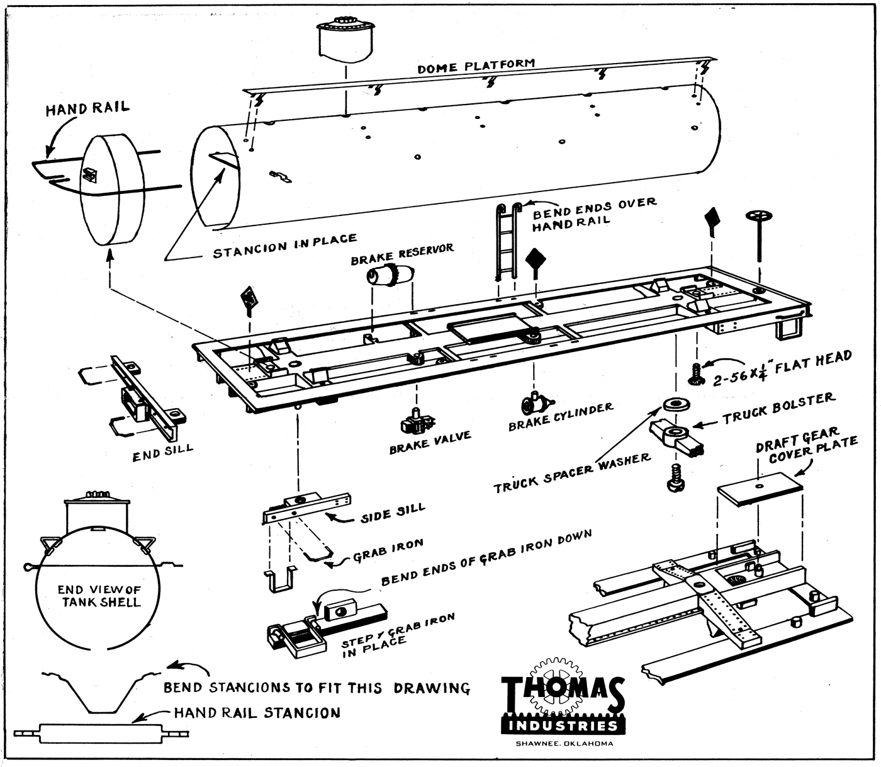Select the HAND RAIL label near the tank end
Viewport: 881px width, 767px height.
click(87, 109)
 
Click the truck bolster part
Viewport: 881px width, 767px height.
click(676, 436)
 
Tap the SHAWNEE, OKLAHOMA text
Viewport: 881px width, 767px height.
click(564, 744)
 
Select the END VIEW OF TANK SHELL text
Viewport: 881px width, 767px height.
click(99, 596)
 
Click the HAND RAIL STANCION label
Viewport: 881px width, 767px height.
click(257, 713)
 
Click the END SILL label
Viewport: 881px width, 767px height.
click(162, 453)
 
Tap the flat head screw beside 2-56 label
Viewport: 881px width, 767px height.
click(697, 375)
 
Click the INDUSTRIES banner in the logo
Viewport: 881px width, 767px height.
click(563, 726)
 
